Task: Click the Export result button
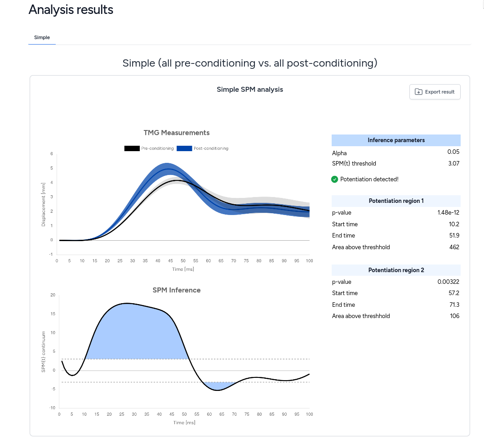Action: pyautogui.click(x=435, y=92)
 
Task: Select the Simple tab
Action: pyautogui.click(x=42, y=37)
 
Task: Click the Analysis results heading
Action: pyautogui.click(x=71, y=10)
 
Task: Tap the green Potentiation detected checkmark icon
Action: pyautogui.click(x=334, y=179)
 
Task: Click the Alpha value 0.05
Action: pyautogui.click(x=453, y=152)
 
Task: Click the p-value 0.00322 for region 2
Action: pyautogui.click(x=448, y=282)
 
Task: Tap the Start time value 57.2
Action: pyautogui.click(x=453, y=293)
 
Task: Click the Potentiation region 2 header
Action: pyautogui.click(x=396, y=270)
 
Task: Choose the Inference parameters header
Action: pyautogui.click(x=396, y=140)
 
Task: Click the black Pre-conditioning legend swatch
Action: pyautogui.click(x=132, y=148)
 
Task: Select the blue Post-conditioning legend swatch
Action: pyautogui.click(x=184, y=148)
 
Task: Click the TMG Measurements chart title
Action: pyautogui.click(x=176, y=133)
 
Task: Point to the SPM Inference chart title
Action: pyautogui.click(x=176, y=290)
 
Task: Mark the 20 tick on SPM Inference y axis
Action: pyautogui.click(x=53, y=295)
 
